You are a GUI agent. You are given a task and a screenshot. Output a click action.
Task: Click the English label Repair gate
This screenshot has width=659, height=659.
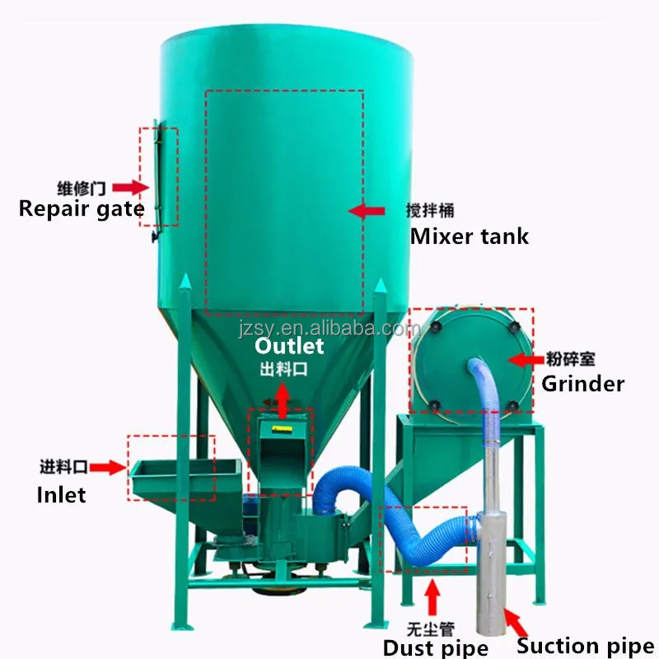coord(81,208)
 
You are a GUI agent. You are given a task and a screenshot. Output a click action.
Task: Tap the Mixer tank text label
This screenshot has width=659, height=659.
coord(469,237)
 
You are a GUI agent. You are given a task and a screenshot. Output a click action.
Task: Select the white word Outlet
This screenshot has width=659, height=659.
coord(288,346)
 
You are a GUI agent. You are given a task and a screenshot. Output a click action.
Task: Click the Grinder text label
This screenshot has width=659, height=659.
coord(582,383)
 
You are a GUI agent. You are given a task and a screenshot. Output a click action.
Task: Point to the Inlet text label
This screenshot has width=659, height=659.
coord(62,494)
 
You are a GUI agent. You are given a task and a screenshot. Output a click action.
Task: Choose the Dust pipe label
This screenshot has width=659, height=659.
coord(436,647)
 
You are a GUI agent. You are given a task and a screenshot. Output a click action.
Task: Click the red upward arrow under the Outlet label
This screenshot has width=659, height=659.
coord(282,401)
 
